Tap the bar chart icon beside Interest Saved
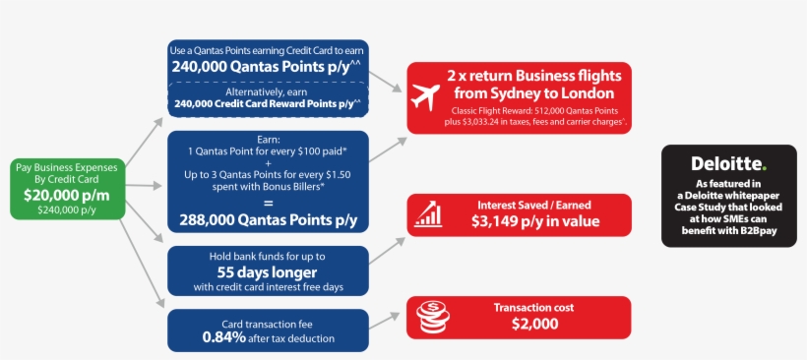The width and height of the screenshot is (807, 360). pyautogui.click(x=427, y=214)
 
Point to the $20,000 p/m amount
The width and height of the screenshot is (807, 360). pyautogui.click(x=67, y=196)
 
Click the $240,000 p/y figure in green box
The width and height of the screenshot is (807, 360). pyautogui.click(x=67, y=210)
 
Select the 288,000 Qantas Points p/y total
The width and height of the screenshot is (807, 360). pyautogui.click(x=268, y=218)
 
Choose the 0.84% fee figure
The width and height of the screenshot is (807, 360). pyautogui.click(x=226, y=337)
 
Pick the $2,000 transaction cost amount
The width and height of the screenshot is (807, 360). pyautogui.click(x=534, y=325)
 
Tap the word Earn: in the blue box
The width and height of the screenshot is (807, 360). pyautogui.click(x=268, y=139)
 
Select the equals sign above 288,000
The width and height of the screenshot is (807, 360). pyautogui.click(x=268, y=202)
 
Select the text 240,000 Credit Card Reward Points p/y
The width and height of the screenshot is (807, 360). pyautogui.click(x=268, y=102)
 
